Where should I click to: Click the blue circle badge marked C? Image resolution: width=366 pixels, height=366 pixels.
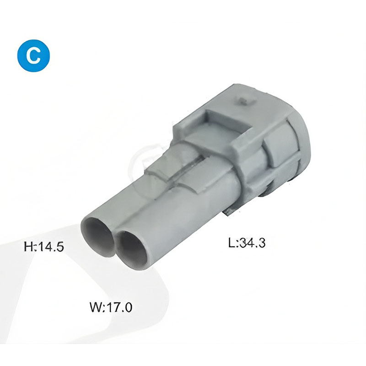(33, 55)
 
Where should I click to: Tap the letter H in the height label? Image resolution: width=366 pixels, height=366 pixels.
(29, 247)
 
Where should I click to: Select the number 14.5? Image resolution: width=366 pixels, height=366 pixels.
(51, 247)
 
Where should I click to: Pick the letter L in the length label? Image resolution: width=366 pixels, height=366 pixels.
(232, 243)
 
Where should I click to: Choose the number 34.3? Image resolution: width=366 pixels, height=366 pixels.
(253, 243)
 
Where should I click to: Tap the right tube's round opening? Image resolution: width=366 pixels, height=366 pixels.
(133, 249)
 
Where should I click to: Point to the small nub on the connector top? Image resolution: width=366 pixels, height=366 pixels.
(244, 101)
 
